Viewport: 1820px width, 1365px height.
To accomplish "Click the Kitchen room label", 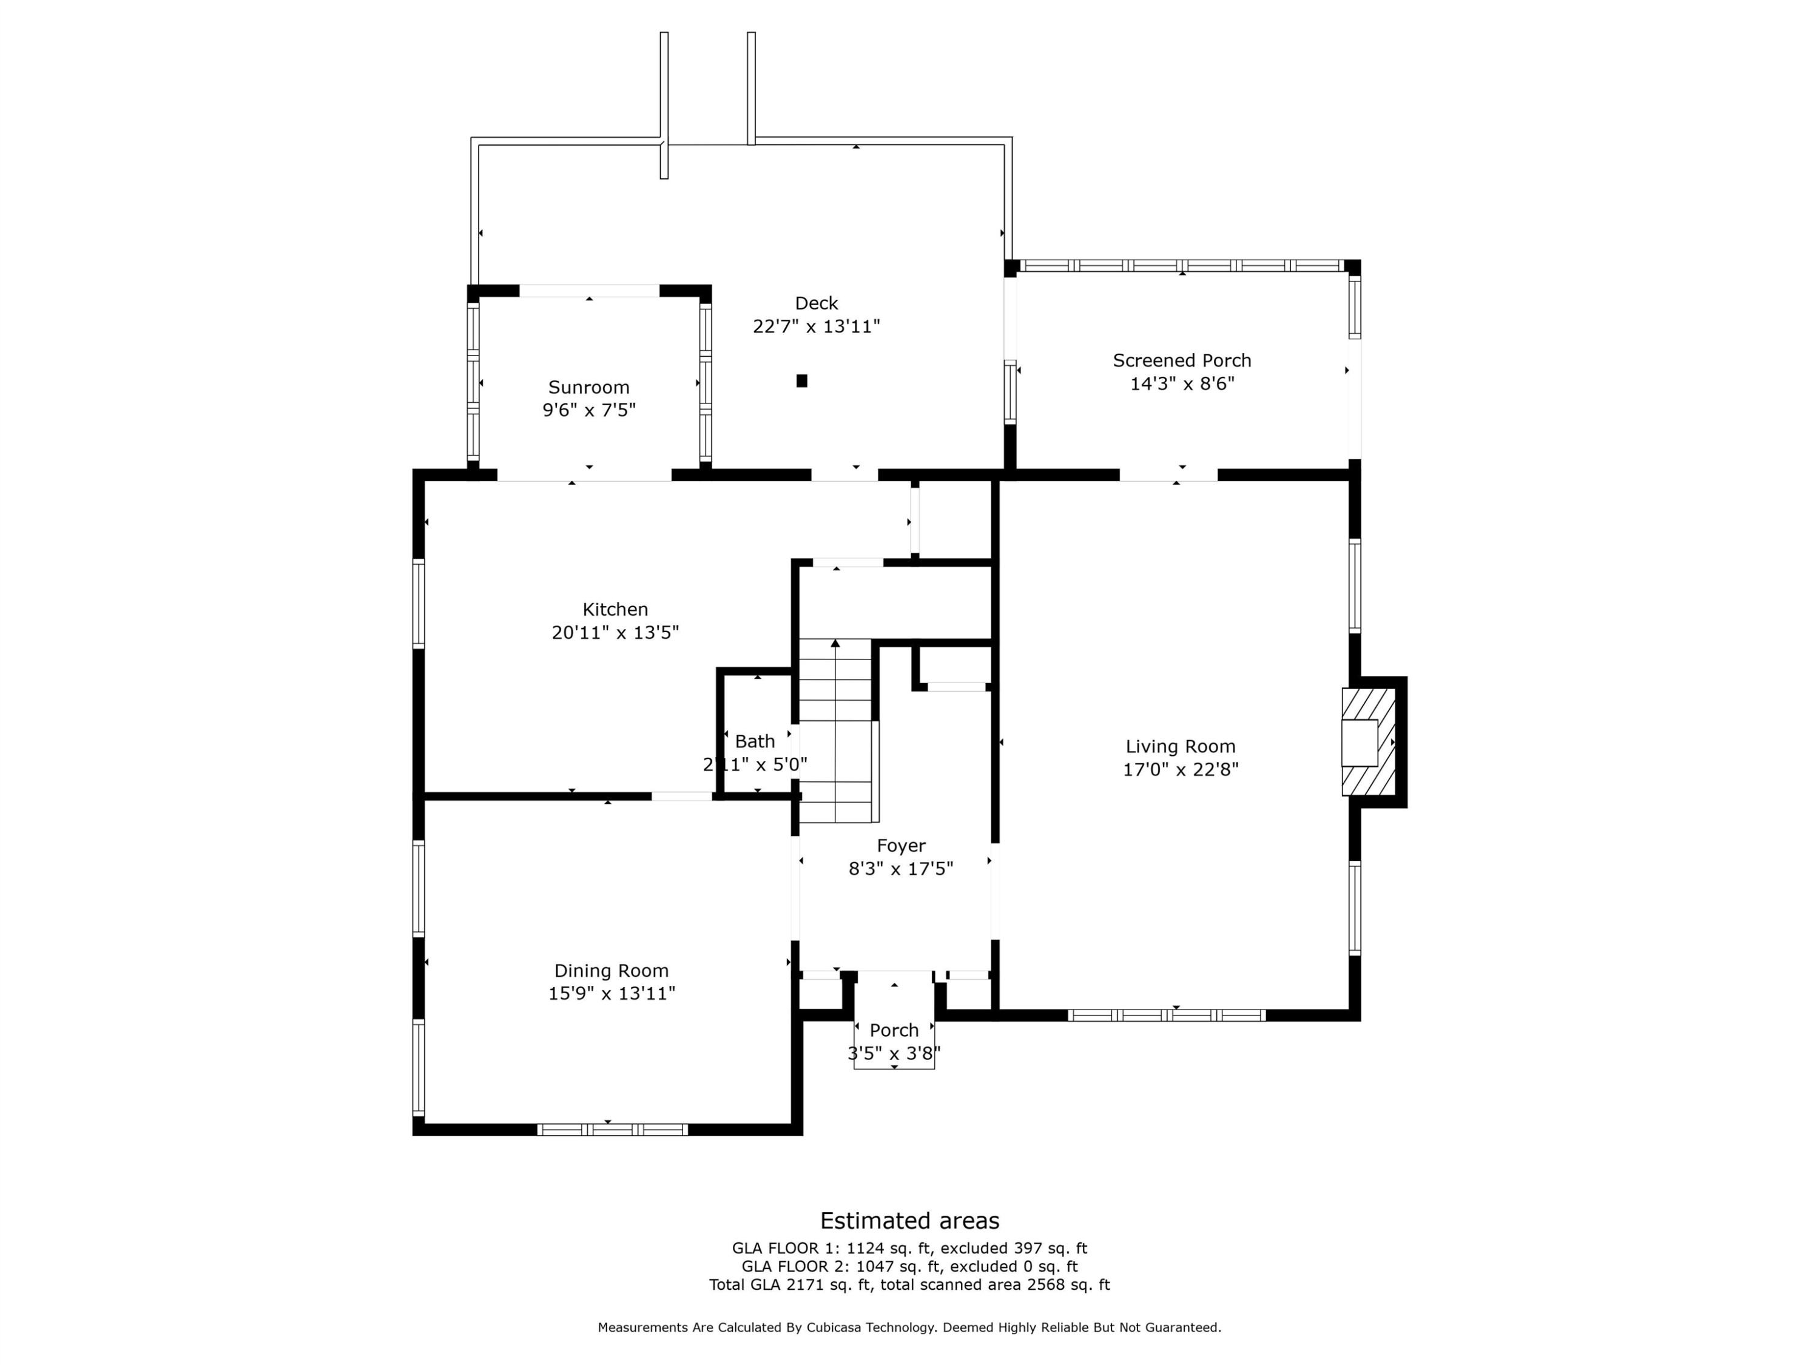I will (615, 610).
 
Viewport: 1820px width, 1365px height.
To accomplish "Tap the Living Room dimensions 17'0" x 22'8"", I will (1180, 769).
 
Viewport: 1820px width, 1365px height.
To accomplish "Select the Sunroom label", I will (588, 388).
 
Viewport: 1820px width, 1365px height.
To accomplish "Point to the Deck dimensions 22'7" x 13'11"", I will (815, 326).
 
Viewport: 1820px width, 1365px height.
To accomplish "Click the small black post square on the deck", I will (801, 381).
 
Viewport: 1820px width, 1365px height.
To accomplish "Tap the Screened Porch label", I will (1182, 360).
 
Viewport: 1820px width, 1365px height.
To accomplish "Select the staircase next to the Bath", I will (835, 730).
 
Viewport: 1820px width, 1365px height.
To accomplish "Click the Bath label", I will (755, 741).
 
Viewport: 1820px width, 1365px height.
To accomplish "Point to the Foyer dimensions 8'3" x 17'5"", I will (900, 869).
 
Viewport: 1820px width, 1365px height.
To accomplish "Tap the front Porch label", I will (894, 1030).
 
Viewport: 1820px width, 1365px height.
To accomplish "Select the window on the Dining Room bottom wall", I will (612, 1130).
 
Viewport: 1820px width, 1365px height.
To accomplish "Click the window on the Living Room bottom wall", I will (1166, 1016).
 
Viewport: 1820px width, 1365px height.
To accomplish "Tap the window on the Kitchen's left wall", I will (419, 604).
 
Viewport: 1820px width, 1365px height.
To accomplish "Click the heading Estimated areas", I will (909, 1220).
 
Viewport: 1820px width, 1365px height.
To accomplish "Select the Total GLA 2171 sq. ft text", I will (790, 1284).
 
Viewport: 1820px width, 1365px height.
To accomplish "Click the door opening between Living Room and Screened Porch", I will (1168, 475).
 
